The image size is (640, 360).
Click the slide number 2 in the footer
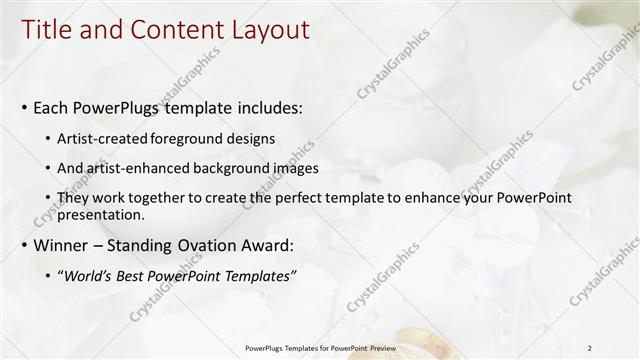[590, 347]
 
